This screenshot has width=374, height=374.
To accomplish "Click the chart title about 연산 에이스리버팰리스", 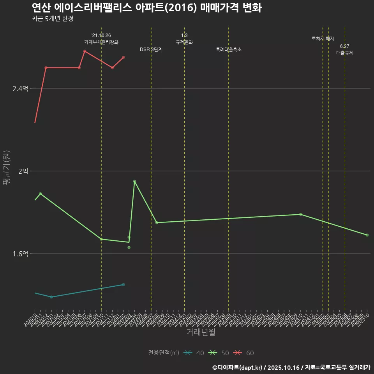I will (146, 8).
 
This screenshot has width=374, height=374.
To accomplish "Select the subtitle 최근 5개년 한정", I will (52, 19).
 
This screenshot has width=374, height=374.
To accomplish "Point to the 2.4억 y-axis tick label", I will (20, 89).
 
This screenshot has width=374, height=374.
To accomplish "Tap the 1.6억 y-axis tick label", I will (20, 254).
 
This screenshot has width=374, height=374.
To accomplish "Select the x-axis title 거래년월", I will (201, 332).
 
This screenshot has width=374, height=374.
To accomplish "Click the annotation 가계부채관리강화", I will (101, 42).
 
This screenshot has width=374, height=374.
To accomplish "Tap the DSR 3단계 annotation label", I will (151, 49).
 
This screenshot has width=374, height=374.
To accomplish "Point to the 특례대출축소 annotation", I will (229, 49).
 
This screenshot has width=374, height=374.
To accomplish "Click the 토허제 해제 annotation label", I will (323, 39).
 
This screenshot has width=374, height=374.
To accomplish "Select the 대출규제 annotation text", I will (345, 53).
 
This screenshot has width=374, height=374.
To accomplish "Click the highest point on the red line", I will (85, 51).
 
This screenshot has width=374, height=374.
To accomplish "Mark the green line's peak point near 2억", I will (134, 181).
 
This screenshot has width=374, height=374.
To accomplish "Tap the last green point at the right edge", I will (367, 235).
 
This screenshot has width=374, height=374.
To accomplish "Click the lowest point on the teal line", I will (51, 297).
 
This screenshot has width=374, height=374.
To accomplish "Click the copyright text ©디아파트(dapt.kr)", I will (238, 367).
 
